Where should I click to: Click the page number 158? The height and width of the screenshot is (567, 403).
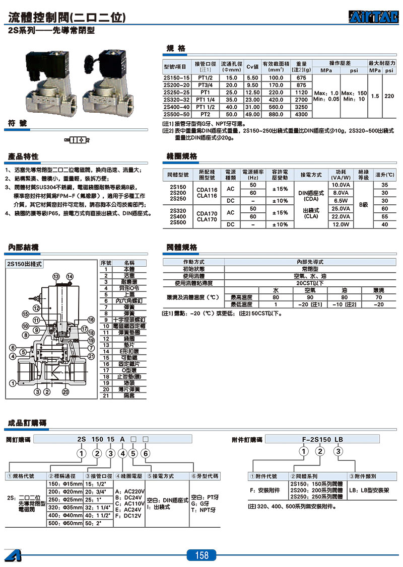click(201, 555)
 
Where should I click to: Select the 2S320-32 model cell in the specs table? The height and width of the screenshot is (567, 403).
click(177, 100)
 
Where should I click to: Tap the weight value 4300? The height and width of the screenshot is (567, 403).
click(301, 114)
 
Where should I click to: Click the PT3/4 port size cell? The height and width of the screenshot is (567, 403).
click(205, 86)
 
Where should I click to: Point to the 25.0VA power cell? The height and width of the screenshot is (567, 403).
click(341, 208)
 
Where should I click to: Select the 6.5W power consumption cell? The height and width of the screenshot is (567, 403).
click(341, 200)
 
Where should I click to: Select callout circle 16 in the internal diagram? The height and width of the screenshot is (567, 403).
click(91, 320)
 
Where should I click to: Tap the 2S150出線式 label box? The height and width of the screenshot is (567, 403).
click(24, 263)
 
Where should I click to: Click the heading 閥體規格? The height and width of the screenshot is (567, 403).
click(182, 247)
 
